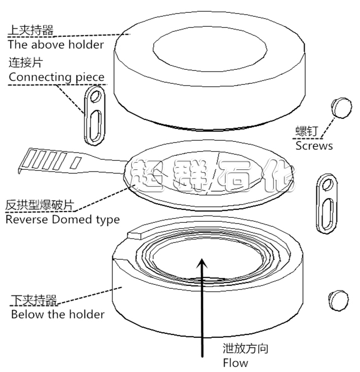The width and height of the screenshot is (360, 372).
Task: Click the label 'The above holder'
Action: click(x=56, y=45)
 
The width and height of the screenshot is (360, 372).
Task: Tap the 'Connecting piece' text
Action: click(x=56, y=77)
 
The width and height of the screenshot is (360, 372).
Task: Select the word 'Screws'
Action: click(x=314, y=146)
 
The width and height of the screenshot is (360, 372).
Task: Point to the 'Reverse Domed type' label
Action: click(x=63, y=220)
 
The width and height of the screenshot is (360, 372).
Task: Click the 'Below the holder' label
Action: click(x=58, y=314)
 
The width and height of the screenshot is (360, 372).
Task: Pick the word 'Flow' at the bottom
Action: click(x=235, y=363)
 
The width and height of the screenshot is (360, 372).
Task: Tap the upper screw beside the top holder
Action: click(x=342, y=107)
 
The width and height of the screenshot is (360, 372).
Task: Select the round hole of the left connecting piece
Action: click(x=96, y=96)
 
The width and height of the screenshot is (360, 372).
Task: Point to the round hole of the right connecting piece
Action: click(x=328, y=184)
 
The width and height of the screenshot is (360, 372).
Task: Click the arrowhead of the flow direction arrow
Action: click(x=202, y=263)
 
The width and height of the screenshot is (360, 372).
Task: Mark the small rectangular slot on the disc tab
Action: click(x=77, y=163)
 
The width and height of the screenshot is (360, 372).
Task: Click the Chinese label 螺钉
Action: click(x=306, y=131)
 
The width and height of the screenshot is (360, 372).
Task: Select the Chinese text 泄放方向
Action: click(x=245, y=349)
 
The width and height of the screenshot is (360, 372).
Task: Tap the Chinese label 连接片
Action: click(x=26, y=63)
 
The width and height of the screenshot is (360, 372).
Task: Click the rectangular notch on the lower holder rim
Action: click(x=135, y=235)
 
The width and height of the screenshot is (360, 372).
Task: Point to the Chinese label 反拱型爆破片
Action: click(x=40, y=205)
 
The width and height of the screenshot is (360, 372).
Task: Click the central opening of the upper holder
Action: click(x=210, y=50)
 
